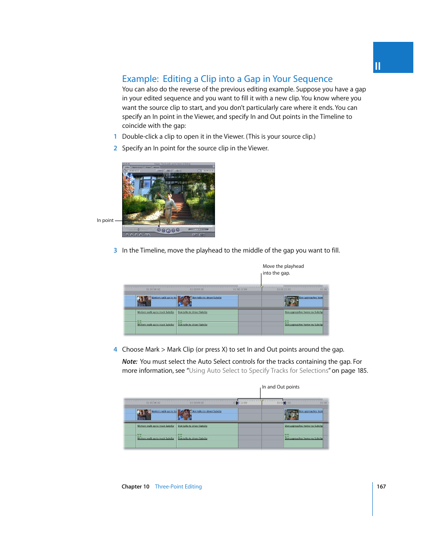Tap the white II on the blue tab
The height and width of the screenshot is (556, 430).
click(378, 67)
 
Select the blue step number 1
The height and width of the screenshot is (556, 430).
click(115, 136)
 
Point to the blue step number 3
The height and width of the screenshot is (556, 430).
click(115, 250)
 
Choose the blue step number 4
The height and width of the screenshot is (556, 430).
click(115, 349)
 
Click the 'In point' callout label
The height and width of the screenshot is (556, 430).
click(105, 221)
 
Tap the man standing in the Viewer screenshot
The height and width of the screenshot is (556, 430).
click(169, 205)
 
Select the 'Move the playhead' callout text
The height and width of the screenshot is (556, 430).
click(283, 267)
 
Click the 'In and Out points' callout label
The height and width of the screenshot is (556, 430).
click(281, 387)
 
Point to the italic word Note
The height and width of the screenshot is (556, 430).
click(129, 362)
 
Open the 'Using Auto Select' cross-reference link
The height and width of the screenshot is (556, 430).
click(259, 371)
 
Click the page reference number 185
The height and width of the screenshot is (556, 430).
click(362, 371)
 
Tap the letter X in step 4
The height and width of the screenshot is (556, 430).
click(224, 349)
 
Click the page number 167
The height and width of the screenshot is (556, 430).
click(381, 487)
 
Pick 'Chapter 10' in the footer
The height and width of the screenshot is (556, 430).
click(135, 487)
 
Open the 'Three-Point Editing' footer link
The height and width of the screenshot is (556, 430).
click(178, 487)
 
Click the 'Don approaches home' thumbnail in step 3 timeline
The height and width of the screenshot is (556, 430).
click(292, 301)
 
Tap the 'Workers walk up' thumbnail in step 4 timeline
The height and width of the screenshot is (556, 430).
click(144, 414)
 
